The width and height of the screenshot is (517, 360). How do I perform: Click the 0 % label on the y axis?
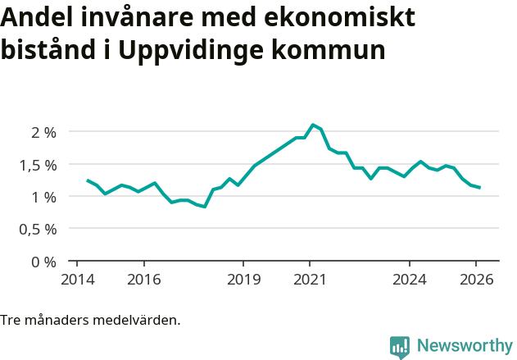pyautogui.click(x=43, y=262)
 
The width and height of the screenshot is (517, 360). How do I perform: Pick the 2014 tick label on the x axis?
pyautogui.click(x=77, y=279)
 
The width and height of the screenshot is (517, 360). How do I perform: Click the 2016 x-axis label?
pyautogui.click(x=143, y=279)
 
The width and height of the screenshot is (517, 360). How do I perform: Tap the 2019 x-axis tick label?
pyautogui.click(x=243, y=279)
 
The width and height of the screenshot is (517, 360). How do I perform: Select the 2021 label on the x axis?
pyautogui.click(x=310, y=279)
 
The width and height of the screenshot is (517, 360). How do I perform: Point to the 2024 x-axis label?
pyautogui.click(x=410, y=279)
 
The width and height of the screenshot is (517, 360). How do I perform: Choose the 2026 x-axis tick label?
pyautogui.click(x=476, y=279)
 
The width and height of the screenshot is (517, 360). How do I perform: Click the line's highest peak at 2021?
pyautogui.click(x=312, y=125)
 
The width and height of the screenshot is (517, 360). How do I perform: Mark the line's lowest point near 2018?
pyautogui.click(x=204, y=207)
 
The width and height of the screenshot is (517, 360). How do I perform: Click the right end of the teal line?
pyautogui.click(x=479, y=188)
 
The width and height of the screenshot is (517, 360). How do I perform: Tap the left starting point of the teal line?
pyautogui.click(x=88, y=180)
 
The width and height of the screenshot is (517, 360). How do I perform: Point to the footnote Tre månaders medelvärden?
pyautogui.click(x=90, y=320)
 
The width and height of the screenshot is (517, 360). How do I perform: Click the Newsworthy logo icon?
pyautogui.click(x=400, y=347)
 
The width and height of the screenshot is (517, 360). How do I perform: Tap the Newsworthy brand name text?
pyautogui.click(x=464, y=346)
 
